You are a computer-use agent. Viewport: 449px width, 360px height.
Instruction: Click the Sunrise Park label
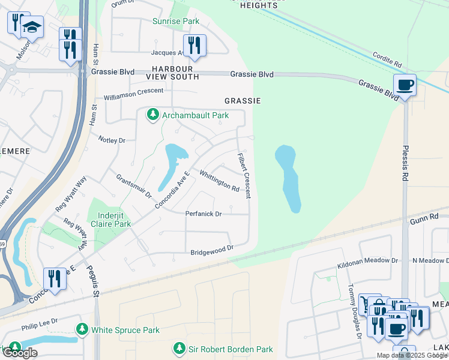[x=175, y=21]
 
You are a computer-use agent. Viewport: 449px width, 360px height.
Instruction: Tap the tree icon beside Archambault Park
[x=153, y=114]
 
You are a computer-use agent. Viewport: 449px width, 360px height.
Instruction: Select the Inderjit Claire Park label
[x=109, y=218]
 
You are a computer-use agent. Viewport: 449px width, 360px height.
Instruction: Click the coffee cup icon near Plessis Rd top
[x=405, y=86]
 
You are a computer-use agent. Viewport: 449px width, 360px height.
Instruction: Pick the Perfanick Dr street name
[x=203, y=214]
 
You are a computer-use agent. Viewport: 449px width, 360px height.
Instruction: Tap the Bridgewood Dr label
[x=211, y=250]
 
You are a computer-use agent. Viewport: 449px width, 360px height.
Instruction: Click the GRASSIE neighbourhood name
[x=242, y=101]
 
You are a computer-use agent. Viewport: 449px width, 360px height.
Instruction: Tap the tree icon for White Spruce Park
[x=82, y=329]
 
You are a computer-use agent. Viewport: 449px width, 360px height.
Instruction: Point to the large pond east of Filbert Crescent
[x=288, y=177]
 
